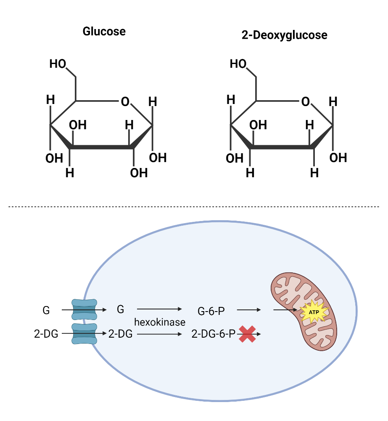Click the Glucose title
pyautogui.click(x=104, y=32)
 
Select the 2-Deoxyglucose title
pyautogui.click(x=284, y=35)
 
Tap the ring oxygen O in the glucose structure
pyautogui.click(x=125, y=101)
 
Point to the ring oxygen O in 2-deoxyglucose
pyautogui.click(x=305, y=101)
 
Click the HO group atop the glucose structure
pyautogui.click(x=58, y=64)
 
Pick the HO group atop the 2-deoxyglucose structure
pyautogui.click(x=238, y=64)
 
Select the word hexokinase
pyautogui.click(x=160, y=322)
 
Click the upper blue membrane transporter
pyautogui.click(x=84, y=309)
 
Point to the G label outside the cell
pyautogui.click(x=46, y=310)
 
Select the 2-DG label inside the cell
pyautogui.click(x=121, y=334)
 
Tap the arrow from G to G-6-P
pyautogui.click(x=159, y=309)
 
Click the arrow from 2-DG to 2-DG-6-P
pyautogui.click(x=159, y=334)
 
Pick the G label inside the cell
pyautogui.click(x=121, y=309)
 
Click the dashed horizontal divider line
pyautogui.click(x=193, y=207)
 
